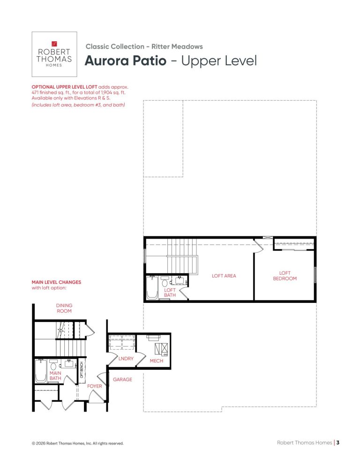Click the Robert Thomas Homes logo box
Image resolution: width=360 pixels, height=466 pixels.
click(54, 54)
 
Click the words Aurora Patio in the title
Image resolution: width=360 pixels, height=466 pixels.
click(126, 60)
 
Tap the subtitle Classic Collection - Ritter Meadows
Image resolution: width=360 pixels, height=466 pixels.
click(144, 47)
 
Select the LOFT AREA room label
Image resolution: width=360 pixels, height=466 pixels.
click(224, 276)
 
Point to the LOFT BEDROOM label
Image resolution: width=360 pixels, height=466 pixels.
click(285, 276)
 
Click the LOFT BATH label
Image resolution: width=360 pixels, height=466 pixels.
click(170, 293)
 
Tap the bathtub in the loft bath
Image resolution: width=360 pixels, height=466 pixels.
click(152, 287)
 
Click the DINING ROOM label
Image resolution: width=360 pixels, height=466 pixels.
click(64, 308)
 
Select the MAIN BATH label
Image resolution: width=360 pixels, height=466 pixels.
click(55, 376)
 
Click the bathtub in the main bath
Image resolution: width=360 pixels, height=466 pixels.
click(41, 371)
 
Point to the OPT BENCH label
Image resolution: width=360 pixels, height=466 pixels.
click(82, 370)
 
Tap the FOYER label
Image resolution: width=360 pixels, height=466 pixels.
click(95, 386)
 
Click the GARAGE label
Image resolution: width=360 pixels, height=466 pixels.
click(122, 380)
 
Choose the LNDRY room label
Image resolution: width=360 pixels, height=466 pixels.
click(126, 359)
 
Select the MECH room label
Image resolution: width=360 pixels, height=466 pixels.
click(157, 361)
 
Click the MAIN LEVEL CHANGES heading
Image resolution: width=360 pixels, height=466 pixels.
click(56, 282)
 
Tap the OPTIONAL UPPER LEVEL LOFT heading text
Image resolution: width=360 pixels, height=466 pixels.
click(65, 87)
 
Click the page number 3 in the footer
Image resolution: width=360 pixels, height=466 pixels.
click(337, 443)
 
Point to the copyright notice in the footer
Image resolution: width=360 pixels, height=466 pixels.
click(78, 443)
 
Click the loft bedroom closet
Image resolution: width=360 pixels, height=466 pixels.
click(294, 244)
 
